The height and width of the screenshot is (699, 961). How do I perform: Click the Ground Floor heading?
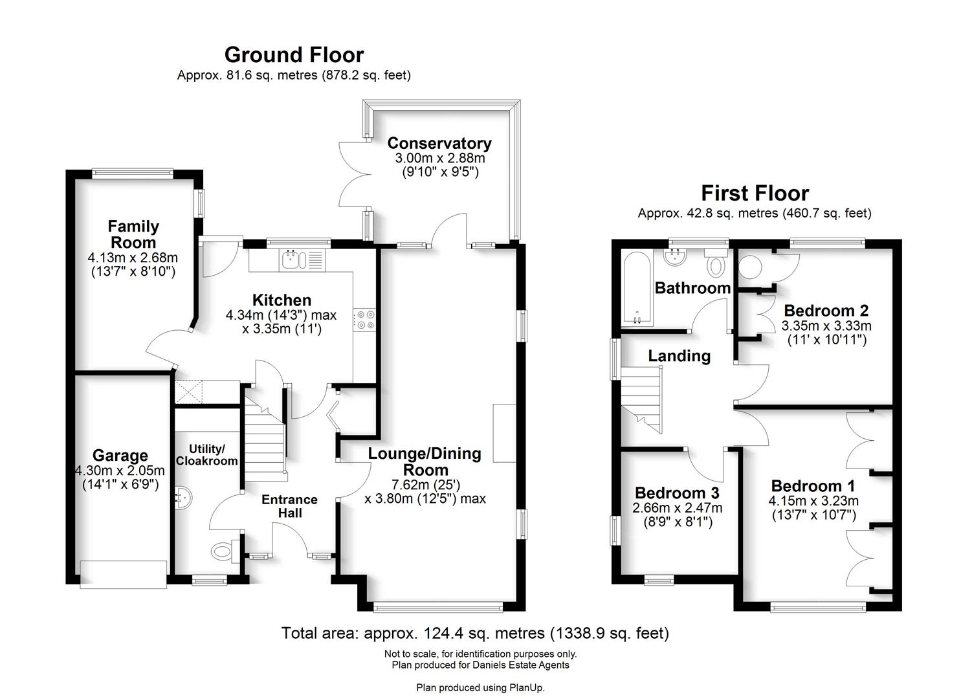[294, 54]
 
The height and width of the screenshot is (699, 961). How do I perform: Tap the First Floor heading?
[755, 193]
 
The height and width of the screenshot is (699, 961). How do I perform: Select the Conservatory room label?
[439, 143]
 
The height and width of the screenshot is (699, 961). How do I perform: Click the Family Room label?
[133, 234]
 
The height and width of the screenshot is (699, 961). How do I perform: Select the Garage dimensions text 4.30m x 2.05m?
[120, 470]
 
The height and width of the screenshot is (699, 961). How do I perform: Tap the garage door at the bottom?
[123, 575]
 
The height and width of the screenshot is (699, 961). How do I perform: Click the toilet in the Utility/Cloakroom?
[221, 551]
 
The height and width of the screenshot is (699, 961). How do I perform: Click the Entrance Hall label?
[289, 506]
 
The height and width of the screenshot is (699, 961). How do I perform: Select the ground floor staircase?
[265, 440]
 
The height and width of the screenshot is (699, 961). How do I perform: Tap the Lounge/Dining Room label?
[425, 461]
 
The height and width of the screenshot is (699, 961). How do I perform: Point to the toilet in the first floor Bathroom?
[716, 265]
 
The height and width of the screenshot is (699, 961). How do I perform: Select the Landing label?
[679, 355]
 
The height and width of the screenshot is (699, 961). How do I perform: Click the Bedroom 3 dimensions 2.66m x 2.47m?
[677, 508]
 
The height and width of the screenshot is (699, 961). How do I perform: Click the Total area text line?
[475, 632]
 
